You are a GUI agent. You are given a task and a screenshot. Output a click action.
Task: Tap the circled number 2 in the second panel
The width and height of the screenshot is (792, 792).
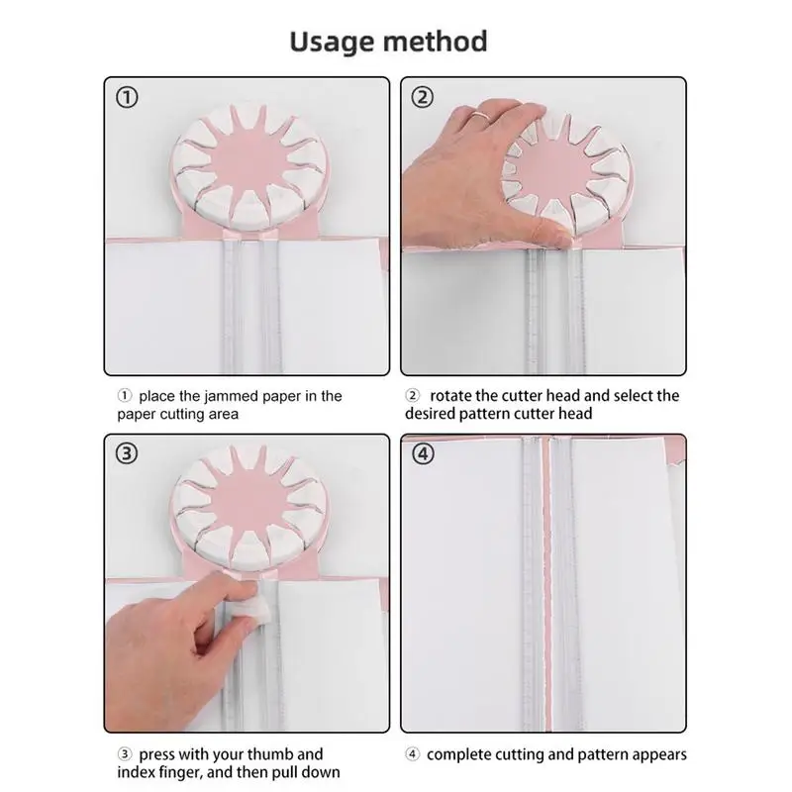[x=424, y=97]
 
